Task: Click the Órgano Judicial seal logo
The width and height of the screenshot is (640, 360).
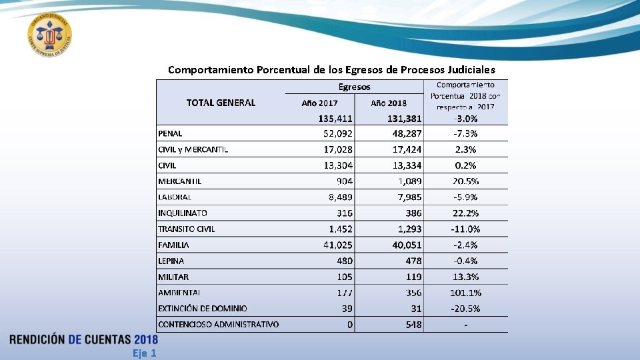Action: (x=50, y=35)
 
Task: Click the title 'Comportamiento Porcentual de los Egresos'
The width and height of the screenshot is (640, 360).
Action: (x=331, y=69)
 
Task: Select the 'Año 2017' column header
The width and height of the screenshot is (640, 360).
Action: (x=319, y=103)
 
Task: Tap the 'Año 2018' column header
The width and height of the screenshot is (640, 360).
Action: (x=389, y=103)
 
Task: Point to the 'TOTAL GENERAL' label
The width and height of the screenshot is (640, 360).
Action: (x=221, y=103)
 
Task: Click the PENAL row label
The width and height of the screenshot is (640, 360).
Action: (x=170, y=133)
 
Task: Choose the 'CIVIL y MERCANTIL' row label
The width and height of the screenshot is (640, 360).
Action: (x=193, y=149)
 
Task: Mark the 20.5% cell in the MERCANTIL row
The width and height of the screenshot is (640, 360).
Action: (x=465, y=181)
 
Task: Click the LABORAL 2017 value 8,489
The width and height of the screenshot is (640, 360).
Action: (x=341, y=197)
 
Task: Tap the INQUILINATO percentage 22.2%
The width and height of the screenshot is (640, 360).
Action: (x=465, y=213)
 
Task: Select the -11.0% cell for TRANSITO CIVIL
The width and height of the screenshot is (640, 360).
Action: (x=465, y=229)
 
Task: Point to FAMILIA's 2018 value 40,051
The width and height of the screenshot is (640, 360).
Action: (x=407, y=245)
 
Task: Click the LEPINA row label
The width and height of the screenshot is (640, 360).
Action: (x=171, y=261)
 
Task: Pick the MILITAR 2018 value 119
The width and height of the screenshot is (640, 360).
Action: (x=413, y=277)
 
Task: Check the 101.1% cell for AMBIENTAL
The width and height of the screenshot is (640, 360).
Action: (x=465, y=293)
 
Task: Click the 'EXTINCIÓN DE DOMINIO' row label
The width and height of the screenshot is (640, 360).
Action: (x=202, y=309)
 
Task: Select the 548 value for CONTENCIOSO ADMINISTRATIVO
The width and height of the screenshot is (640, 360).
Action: (x=413, y=325)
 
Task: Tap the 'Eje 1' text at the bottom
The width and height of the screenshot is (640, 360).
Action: (x=145, y=353)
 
